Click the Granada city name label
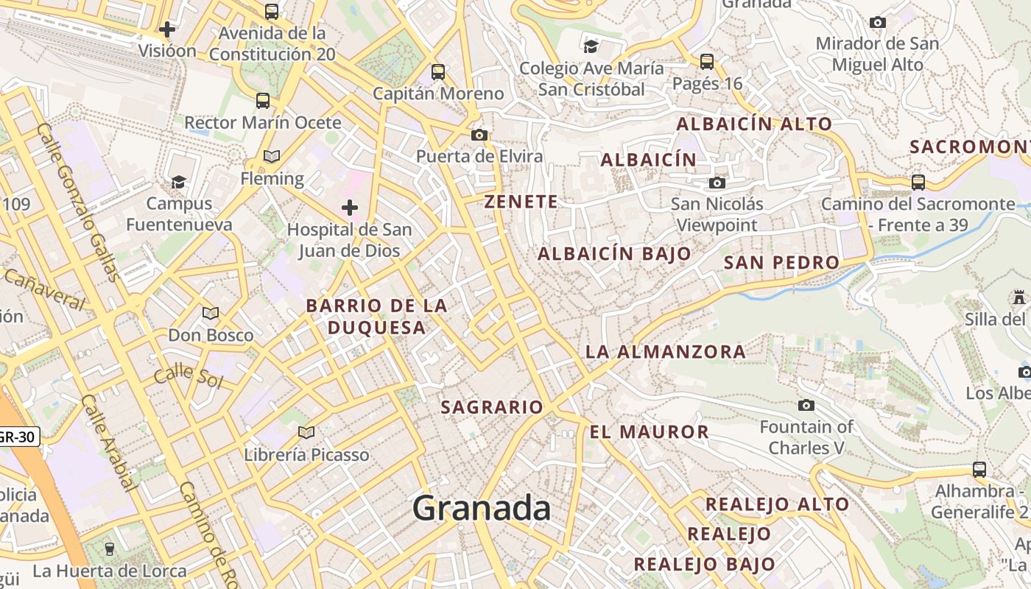[482, 508]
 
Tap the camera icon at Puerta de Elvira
[479, 135]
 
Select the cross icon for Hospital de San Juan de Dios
[350, 208]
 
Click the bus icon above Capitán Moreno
[438, 72]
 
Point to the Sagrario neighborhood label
[492, 407]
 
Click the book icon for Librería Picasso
[306, 432]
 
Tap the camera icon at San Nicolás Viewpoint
[717, 183]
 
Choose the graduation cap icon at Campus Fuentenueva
[178, 182]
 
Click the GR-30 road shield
[16, 437]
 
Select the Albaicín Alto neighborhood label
[754, 124]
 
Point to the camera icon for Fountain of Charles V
[806, 405]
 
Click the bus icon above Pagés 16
[707, 61]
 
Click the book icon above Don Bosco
[211, 314]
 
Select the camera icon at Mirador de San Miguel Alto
[877, 23]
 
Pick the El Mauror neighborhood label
[649, 432]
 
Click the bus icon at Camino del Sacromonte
[918, 182]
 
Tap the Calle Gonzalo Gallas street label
[78, 202]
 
